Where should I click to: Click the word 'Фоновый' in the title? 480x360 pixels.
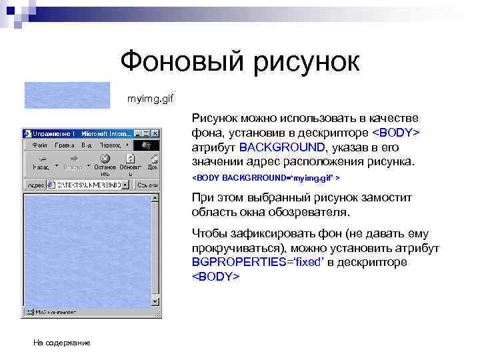[x=181, y=63]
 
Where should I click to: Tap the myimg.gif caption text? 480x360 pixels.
[x=151, y=99]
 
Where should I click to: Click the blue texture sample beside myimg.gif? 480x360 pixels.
[x=67, y=95]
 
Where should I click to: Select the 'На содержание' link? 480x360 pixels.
[x=62, y=342]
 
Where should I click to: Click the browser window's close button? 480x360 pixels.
[x=155, y=133]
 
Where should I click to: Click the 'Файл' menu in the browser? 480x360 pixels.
[x=39, y=145]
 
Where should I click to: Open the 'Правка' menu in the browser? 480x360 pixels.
[x=65, y=145]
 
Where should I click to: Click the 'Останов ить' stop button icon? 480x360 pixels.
[x=105, y=159]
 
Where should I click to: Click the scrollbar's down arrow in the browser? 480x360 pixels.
[x=157, y=303]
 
